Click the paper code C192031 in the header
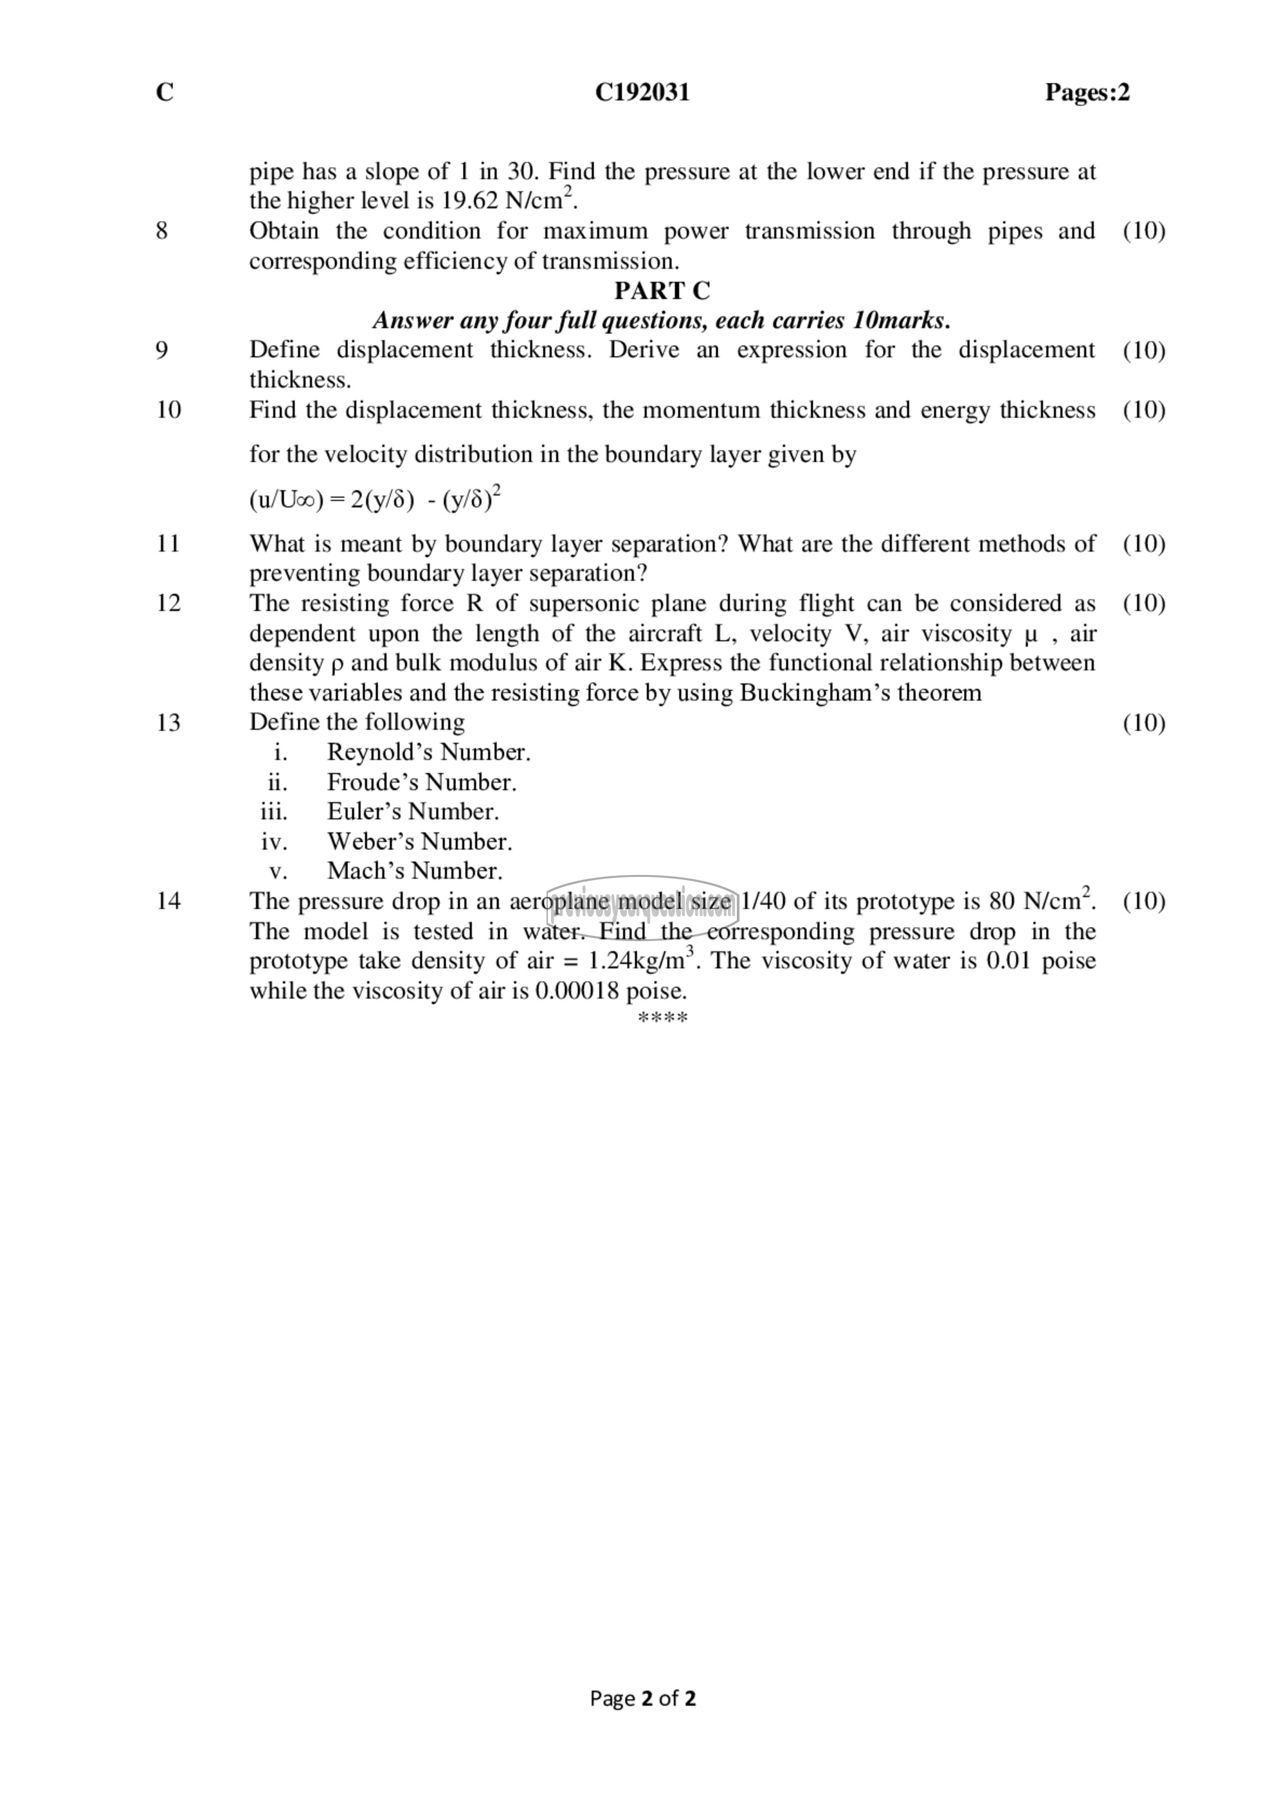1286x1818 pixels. pyautogui.click(x=642, y=93)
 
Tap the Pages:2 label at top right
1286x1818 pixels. pyautogui.click(x=1087, y=93)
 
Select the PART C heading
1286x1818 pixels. pyautogui.click(x=662, y=291)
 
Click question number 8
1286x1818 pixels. pyautogui.click(x=161, y=231)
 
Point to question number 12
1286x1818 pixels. pyautogui.click(x=168, y=604)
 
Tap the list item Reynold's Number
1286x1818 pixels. pyautogui.click(x=428, y=752)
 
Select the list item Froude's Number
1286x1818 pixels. pyautogui.click(x=421, y=782)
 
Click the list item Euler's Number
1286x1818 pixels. pyautogui.click(x=413, y=811)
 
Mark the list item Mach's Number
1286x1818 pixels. pyautogui.click(x=414, y=871)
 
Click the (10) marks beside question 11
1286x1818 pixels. pyautogui.click(x=1143, y=544)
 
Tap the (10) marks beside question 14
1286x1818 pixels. pyautogui.click(x=1143, y=901)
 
